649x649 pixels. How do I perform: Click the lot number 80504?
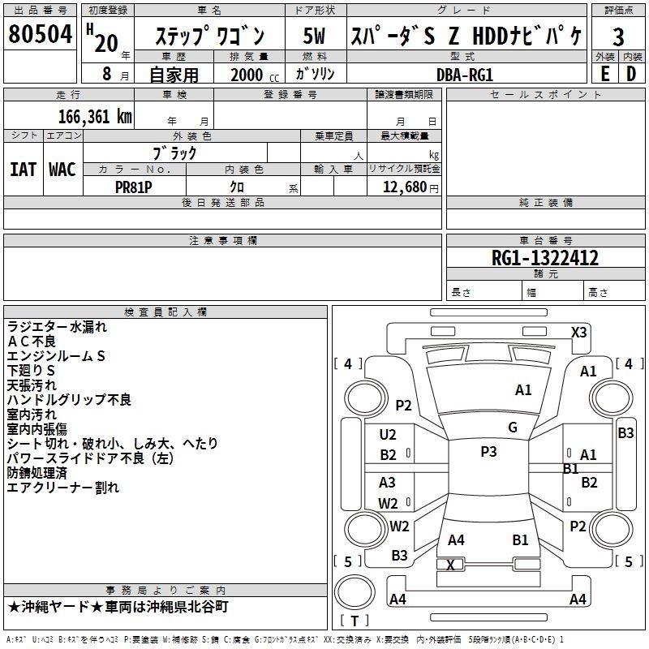click(41, 35)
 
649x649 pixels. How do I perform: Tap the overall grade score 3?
click(618, 37)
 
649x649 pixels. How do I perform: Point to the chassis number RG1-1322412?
click(545, 259)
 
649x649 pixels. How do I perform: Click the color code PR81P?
click(134, 185)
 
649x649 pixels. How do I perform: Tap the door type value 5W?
click(314, 37)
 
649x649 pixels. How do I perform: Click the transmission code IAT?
click(24, 169)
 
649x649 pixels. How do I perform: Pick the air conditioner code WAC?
click(62, 169)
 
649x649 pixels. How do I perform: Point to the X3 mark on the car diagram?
click(578, 332)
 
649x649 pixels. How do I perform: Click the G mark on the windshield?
click(512, 428)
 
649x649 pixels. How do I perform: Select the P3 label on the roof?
click(488, 452)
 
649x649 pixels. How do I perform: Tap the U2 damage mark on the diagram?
click(389, 435)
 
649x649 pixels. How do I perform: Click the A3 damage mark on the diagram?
click(388, 483)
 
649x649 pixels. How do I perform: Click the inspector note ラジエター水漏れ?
click(57, 327)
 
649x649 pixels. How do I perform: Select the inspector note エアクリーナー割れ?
click(63, 488)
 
